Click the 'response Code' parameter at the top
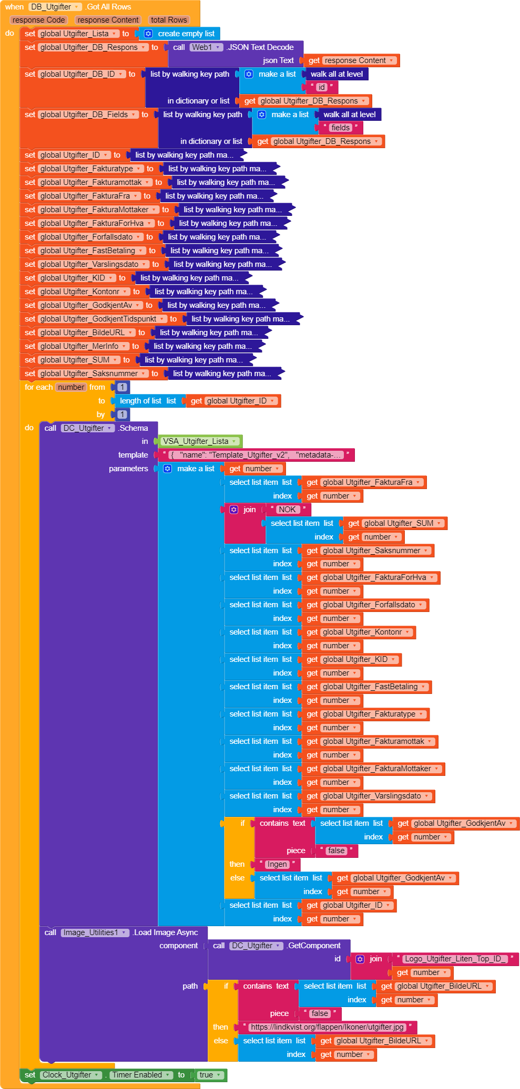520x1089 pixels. coord(38,20)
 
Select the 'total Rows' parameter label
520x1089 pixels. coord(169,20)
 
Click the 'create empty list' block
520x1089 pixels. coord(186,34)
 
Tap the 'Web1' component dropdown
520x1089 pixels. coord(206,47)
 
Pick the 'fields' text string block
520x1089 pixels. coord(340,128)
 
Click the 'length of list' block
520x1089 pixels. coord(141,401)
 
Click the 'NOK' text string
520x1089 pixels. coord(287,510)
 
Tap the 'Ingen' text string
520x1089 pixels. coord(277,864)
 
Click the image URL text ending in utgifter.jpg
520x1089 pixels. coord(327,1027)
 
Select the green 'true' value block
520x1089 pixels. coord(209,1075)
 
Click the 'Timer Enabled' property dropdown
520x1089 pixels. coord(140,1075)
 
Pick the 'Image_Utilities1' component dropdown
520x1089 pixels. coord(94,932)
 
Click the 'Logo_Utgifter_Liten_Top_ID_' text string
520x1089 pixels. coord(455,959)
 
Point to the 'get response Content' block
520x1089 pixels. coord(351,60)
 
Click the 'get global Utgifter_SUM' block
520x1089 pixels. coord(394,523)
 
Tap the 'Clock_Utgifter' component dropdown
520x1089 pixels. coord(70,1075)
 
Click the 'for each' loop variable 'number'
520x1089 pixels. coord(71,387)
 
